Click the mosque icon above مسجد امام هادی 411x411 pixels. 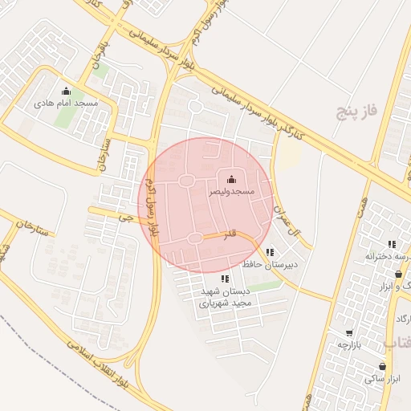pos(66,91)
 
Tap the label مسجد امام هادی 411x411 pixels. pos(66,104)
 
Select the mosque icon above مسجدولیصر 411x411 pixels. pos(232,179)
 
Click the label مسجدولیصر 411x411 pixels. pos(232,192)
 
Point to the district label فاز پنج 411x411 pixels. pos(356,111)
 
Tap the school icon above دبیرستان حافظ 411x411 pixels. pos(270,251)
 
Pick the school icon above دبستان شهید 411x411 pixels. pos(224,279)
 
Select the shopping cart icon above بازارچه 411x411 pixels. pos(349,332)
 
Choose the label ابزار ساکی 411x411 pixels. pos(385,377)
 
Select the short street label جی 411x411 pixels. pos(123,217)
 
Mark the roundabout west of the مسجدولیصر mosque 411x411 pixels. pos(186,181)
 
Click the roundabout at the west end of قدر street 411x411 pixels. pos(195,237)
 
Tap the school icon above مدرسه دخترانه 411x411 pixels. pos(392,244)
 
